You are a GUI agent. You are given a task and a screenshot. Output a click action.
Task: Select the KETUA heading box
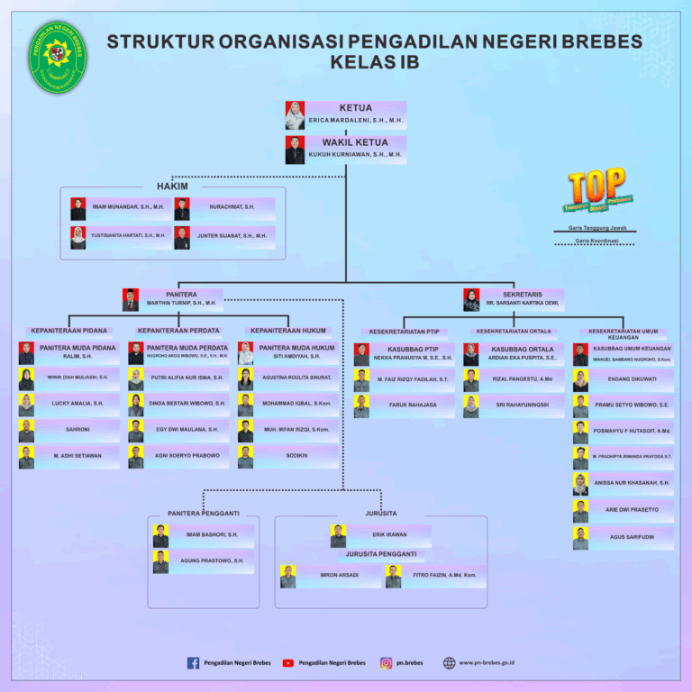(x=355, y=108)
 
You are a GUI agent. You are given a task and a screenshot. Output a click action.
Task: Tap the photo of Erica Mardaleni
(x=295, y=115)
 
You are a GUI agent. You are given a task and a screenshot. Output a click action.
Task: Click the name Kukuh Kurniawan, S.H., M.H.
(x=355, y=154)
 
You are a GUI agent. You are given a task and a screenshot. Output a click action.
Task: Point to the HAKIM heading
(x=172, y=187)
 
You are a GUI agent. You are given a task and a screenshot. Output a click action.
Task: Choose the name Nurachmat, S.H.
(x=232, y=207)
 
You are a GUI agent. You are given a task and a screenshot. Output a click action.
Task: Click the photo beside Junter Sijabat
(x=182, y=236)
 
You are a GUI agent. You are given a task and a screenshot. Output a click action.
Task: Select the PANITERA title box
(x=181, y=294)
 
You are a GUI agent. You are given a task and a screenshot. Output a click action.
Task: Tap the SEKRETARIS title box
(x=522, y=294)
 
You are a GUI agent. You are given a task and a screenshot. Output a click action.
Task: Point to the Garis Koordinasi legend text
(x=596, y=241)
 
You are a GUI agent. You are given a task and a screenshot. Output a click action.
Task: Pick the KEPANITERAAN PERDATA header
(x=178, y=331)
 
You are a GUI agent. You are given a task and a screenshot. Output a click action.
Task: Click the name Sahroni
(x=77, y=430)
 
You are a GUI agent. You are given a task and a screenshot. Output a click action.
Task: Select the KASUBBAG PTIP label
(x=413, y=349)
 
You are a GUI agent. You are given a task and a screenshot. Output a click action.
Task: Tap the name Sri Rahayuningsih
(x=523, y=405)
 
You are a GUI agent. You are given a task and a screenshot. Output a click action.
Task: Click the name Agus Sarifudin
(x=632, y=537)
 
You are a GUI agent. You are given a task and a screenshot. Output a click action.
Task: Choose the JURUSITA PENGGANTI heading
(x=381, y=554)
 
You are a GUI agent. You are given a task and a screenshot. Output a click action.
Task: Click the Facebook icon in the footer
(x=193, y=663)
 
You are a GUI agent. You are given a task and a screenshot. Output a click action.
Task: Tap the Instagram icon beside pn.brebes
(x=386, y=663)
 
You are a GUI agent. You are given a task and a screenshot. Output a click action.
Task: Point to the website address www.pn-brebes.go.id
(x=487, y=663)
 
